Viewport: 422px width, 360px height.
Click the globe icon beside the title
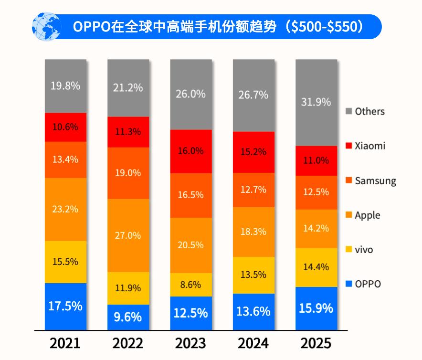pyautogui.click(x=46, y=26)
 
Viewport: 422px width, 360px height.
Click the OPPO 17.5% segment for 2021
pyautogui.click(x=65, y=306)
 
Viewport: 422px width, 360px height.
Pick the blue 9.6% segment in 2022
pyautogui.click(x=128, y=317)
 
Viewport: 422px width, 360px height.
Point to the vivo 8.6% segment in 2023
pyautogui.click(x=190, y=285)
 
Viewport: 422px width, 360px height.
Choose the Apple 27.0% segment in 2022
pyautogui.click(x=128, y=235)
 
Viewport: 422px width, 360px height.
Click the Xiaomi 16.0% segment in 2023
pyautogui.click(x=190, y=151)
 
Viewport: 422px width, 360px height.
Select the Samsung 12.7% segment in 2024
pyautogui.click(x=253, y=190)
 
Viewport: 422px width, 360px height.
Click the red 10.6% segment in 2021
pyautogui.click(x=65, y=127)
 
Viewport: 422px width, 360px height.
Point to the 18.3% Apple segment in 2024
pyautogui.click(x=253, y=232)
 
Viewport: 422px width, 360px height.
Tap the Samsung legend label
pyautogui.click(x=375, y=181)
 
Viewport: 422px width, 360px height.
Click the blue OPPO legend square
pyautogui.click(x=348, y=284)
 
